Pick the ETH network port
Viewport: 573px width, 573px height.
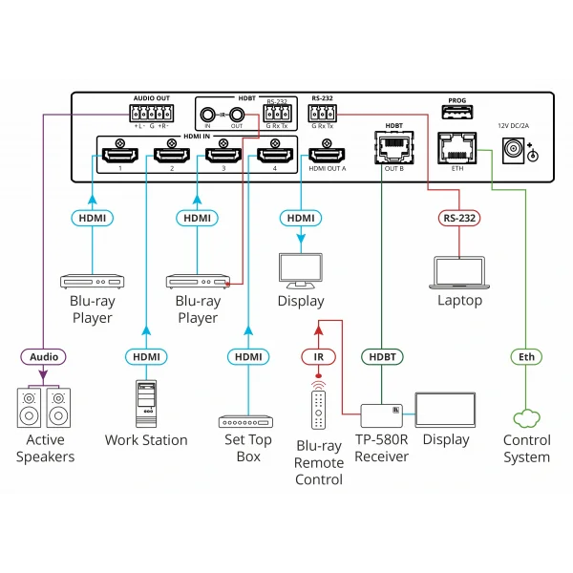[453, 147]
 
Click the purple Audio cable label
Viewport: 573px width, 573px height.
[44, 356]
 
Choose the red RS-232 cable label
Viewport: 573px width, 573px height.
[459, 219]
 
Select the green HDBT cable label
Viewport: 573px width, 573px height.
[382, 356]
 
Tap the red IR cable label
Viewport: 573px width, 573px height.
[319, 356]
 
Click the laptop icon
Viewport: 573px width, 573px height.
[459, 271]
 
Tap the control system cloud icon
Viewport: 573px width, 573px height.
[526, 417]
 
